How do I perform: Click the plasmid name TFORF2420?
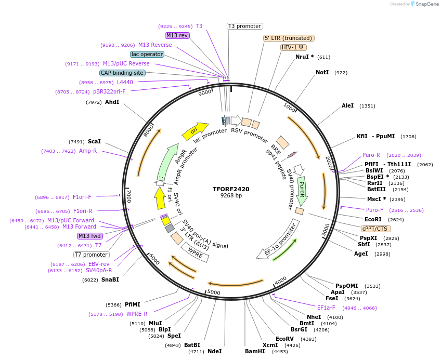[x=231, y=189]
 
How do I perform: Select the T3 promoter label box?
[x=245, y=26]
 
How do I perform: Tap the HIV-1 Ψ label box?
[x=294, y=47]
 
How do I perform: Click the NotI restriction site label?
[x=322, y=72]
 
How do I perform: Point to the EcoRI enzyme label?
[x=373, y=219]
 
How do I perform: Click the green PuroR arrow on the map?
[x=302, y=191]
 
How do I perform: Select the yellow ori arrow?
[x=194, y=130]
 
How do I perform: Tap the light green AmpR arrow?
[x=170, y=161]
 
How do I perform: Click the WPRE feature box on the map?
[x=194, y=252]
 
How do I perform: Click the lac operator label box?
[x=147, y=54]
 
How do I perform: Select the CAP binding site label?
[x=122, y=73]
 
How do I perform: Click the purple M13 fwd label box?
[x=89, y=236]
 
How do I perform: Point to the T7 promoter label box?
[x=91, y=255]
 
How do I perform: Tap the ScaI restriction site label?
[x=94, y=141]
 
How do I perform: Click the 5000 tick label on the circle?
[x=214, y=292]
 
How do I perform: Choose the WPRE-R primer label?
[x=137, y=314]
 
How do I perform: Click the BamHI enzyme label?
[x=255, y=352]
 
